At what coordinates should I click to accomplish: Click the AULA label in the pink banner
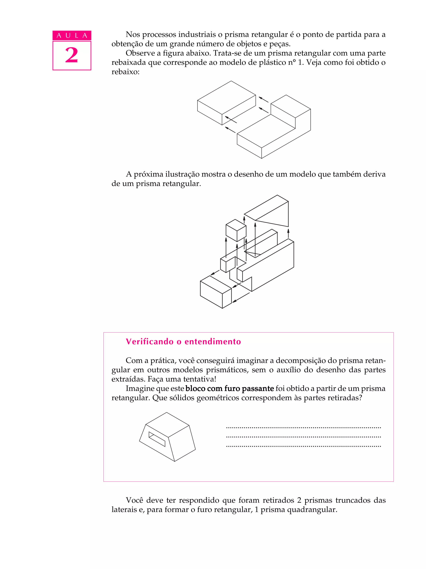click(x=72, y=36)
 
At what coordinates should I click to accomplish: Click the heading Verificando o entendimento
click(x=183, y=342)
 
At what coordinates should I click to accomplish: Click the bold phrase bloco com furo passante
click(x=229, y=388)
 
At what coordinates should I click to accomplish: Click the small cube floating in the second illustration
click(x=236, y=230)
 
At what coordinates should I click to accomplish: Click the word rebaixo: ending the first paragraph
click(x=125, y=72)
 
